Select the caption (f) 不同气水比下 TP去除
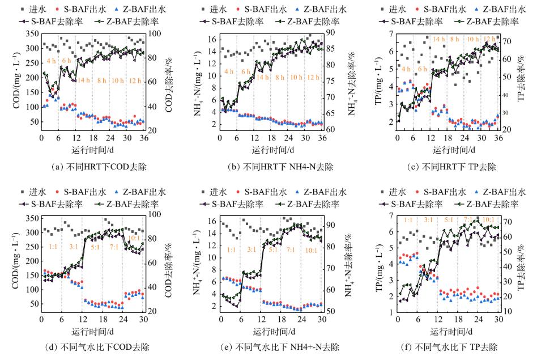pyautogui.click(x=449, y=348)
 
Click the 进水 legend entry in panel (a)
pyautogui.click(x=57, y=10)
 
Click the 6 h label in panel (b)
pyautogui.click(x=245, y=71)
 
